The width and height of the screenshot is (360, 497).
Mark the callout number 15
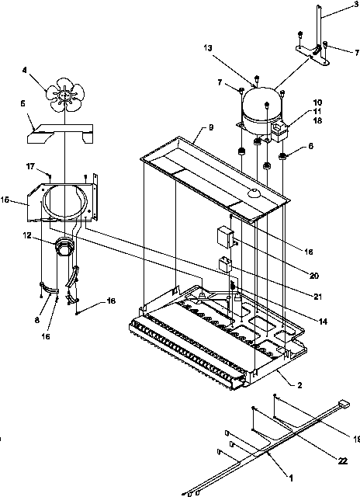click(x=5, y=200)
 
